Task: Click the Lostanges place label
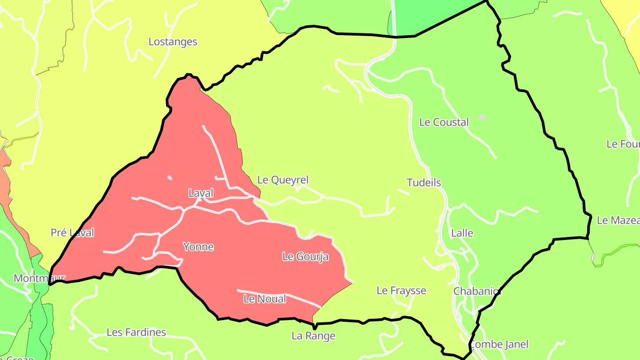173,42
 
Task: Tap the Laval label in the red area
201,193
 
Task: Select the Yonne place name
198,247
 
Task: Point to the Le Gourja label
305,256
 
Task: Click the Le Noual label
265,299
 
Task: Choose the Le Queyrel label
283,180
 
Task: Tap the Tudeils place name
424,183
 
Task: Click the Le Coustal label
444,122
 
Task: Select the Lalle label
462,233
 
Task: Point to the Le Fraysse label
401,291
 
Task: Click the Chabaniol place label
477,291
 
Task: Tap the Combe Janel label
499,344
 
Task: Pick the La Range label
313,336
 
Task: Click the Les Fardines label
136,332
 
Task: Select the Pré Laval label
72,232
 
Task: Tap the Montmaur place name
39,279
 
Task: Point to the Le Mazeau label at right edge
618,220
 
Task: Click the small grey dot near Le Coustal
482,117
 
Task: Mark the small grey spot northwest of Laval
170,178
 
